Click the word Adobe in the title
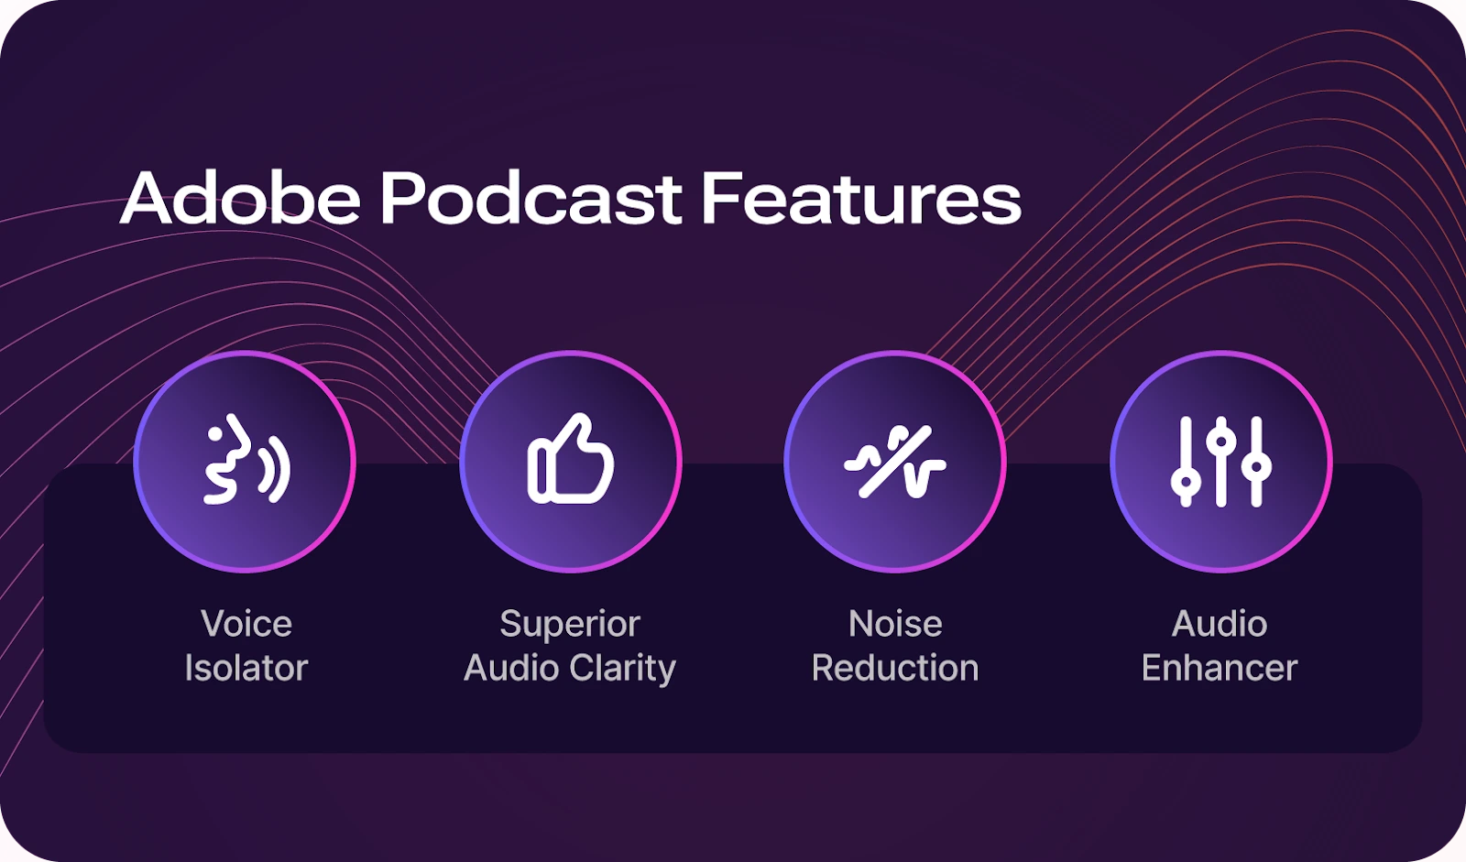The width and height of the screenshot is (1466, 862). (240, 198)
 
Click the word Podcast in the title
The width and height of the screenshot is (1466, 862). (531, 198)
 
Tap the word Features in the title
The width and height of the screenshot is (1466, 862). (860, 198)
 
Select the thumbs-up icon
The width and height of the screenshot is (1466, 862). (570, 460)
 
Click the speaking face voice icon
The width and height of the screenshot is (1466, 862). (245, 460)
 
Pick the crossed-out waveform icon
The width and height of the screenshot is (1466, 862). (895, 461)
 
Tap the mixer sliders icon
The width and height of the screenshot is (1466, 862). (1220, 461)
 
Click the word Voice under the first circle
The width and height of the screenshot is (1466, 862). (246, 624)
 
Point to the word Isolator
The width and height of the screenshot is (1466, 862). (246, 668)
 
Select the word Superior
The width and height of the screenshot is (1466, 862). (570, 624)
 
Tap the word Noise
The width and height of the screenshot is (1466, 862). (895, 624)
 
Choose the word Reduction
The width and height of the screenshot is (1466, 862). (895, 668)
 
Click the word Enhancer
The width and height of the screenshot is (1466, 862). (1220, 668)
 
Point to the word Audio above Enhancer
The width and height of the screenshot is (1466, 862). (1220, 624)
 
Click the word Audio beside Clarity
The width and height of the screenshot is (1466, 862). (510, 668)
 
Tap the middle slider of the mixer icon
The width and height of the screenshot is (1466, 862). (1220, 461)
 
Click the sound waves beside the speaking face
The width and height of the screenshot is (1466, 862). (274, 469)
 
